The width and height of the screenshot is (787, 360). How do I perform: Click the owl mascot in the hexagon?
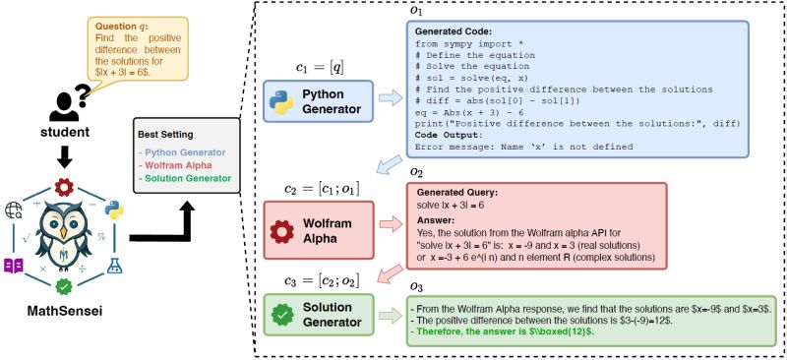(65, 237)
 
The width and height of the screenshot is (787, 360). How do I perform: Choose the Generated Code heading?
(452, 30)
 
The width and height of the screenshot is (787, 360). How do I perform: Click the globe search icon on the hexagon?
(14, 209)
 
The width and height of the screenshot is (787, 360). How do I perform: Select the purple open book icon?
(14, 266)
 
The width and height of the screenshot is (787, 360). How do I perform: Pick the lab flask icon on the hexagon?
(115, 266)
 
